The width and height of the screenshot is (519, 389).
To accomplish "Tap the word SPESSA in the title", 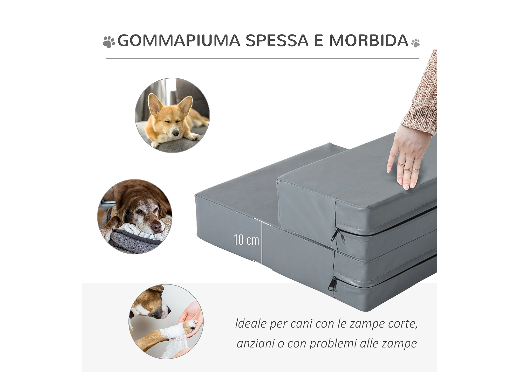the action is click(277, 40).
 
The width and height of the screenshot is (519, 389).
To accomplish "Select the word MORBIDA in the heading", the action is click(369, 40).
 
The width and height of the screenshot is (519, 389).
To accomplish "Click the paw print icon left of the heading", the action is click(109, 42).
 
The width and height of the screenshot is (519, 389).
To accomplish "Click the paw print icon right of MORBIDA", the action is click(415, 43).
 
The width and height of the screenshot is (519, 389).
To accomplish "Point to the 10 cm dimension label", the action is click(246, 240).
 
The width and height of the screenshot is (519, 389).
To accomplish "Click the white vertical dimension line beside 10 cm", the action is click(262, 243).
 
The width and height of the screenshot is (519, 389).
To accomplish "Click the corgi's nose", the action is click(176, 133).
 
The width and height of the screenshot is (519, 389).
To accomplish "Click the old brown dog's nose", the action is click(156, 227).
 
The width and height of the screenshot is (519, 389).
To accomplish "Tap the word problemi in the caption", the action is click(333, 344).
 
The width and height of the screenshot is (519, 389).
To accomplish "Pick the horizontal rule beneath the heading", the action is click(262, 59).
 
